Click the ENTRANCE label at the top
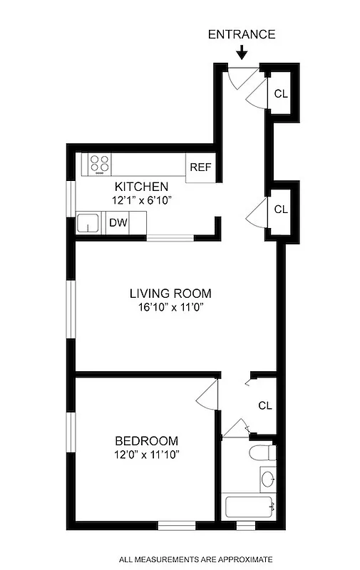coord(241,34)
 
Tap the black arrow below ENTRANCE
coord(241,52)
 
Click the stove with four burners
coord(101,164)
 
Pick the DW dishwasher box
coord(118,223)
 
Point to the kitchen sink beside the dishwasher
coord(90,223)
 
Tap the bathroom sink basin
coord(267,478)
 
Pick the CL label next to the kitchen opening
coord(280,209)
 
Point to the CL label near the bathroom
coord(265,405)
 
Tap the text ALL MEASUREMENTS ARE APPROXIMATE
coord(195,559)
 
